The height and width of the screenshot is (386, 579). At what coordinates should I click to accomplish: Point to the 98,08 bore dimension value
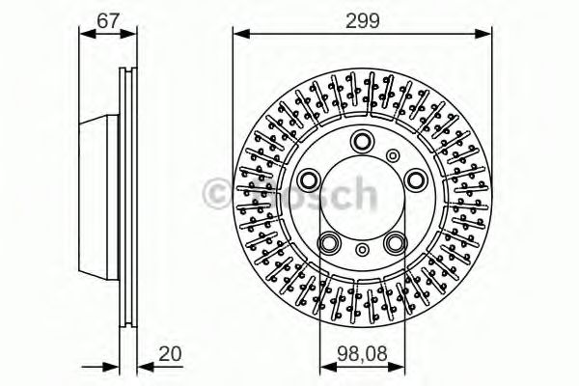(360, 354)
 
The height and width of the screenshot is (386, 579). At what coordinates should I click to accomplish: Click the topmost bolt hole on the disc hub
(363, 139)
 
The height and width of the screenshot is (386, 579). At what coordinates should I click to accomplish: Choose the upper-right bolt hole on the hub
(415, 179)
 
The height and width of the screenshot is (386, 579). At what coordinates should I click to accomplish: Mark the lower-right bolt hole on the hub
(396, 242)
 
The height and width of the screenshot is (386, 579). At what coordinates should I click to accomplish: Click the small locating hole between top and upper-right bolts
(392, 154)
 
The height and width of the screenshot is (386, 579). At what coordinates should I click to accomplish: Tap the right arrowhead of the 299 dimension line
(486, 35)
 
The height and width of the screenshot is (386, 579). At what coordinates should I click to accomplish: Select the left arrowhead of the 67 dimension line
(83, 35)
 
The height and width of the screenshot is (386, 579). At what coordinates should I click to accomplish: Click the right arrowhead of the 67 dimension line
(132, 35)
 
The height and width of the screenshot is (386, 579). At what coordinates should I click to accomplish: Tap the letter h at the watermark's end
(362, 193)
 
